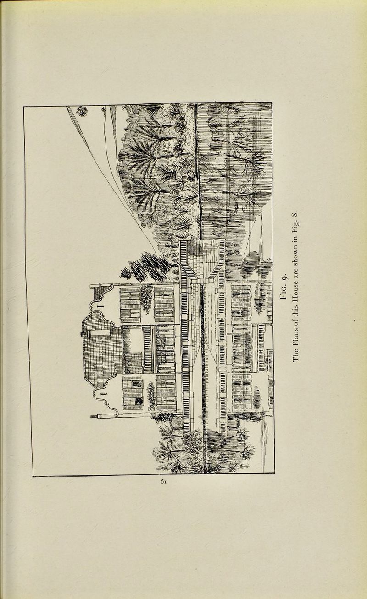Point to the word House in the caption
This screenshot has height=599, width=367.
pos(296,295)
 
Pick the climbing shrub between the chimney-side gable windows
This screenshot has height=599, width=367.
pos(151,395)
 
